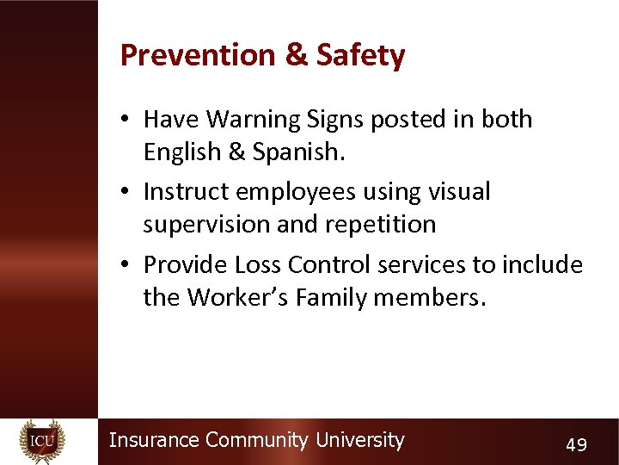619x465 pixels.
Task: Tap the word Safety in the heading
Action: [360, 56]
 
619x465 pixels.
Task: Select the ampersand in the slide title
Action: [295, 56]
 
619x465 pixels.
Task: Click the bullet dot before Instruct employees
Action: [126, 192]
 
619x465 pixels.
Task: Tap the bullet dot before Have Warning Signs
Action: [126, 120]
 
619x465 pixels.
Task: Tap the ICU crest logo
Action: [42, 442]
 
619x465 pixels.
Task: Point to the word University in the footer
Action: [359, 440]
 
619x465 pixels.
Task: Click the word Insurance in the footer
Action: [155, 440]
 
